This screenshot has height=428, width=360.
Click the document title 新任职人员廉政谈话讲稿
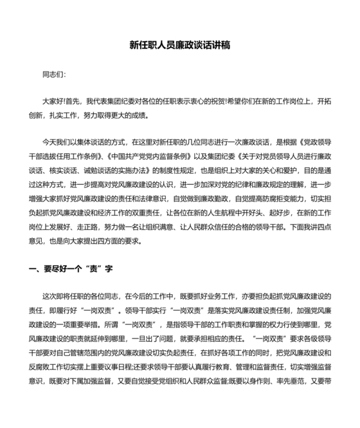coord(179,46)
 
